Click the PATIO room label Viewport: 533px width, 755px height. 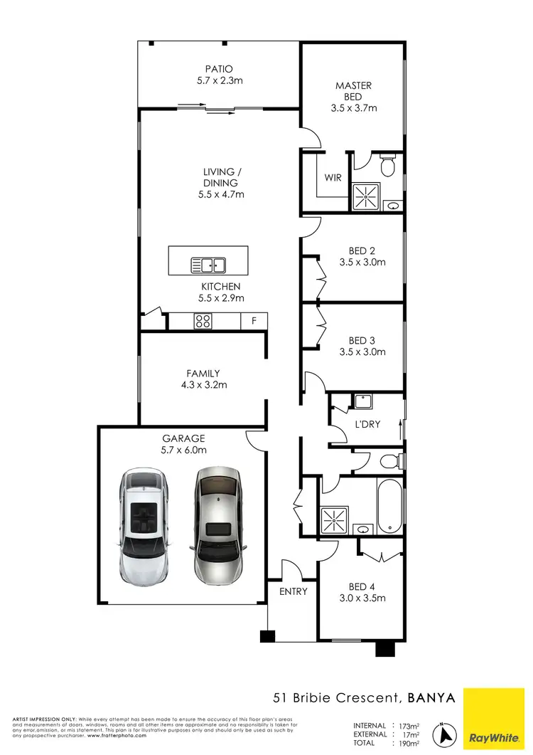click(220, 69)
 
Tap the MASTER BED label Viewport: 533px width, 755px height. click(353, 91)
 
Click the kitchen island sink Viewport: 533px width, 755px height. click(208, 265)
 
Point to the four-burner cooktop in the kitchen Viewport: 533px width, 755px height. click(203, 321)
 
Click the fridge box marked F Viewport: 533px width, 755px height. click(254, 321)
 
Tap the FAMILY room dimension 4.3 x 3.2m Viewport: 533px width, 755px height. click(203, 385)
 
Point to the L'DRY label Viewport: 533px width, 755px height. click(367, 424)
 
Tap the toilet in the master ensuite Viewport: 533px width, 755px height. click(387, 166)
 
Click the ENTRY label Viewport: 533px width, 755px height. click(294, 591)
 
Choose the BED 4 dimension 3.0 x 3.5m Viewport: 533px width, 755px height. click(362, 598)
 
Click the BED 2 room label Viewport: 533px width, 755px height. click(362, 250)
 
